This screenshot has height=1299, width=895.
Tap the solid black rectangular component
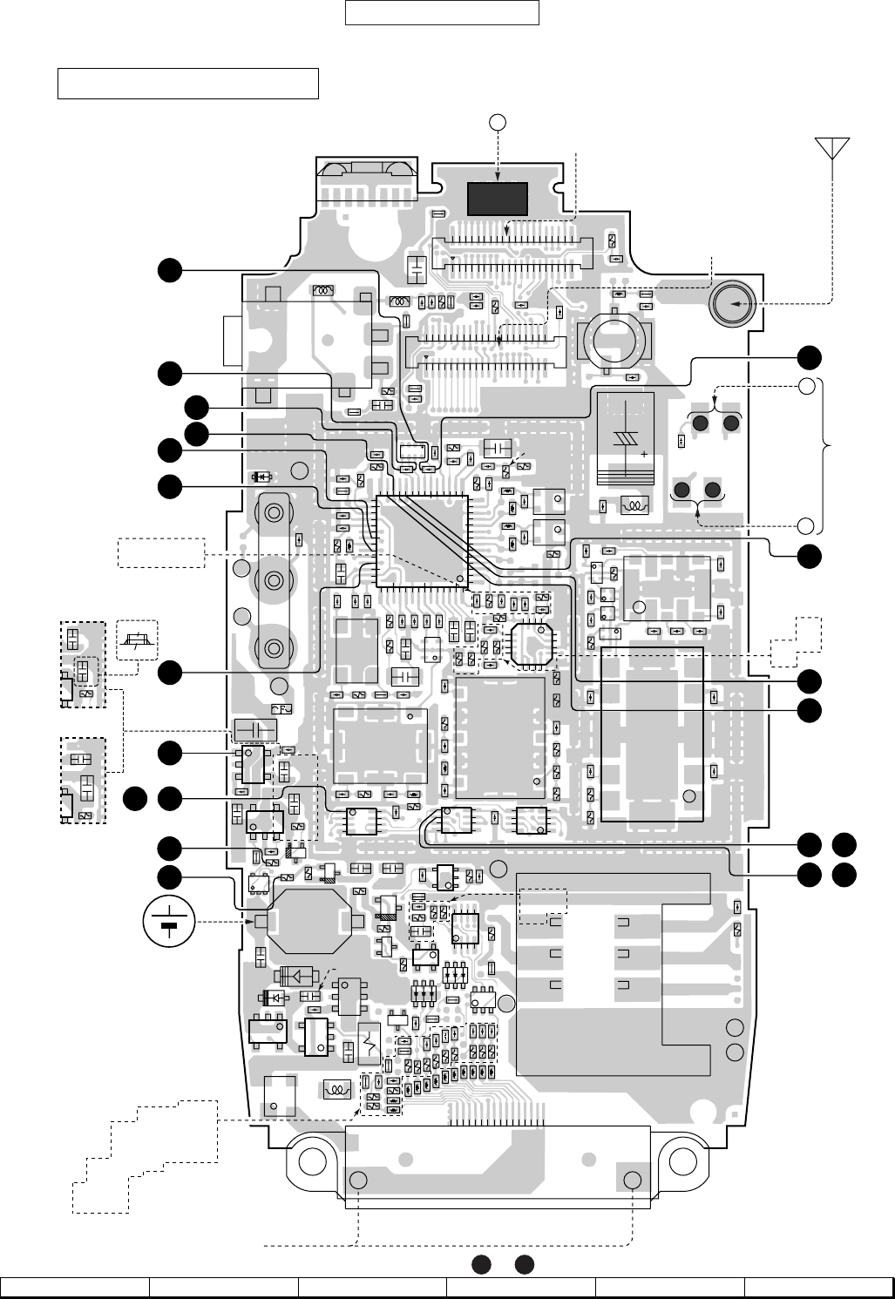click(x=498, y=199)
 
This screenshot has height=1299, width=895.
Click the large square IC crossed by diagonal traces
click(x=422, y=540)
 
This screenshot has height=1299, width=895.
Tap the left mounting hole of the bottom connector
click(x=357, y=1181)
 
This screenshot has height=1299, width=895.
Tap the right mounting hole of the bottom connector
click(x=633, y=1181)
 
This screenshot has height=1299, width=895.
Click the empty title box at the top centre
click(x=443, y=13)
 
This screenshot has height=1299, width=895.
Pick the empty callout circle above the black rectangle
click(x=497, y=122)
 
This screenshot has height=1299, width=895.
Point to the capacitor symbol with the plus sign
click(x=626, y=439)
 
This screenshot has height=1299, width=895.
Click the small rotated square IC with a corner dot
click(x=531, y=646)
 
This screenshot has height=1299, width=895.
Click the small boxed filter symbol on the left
click(x=136, y=641)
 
